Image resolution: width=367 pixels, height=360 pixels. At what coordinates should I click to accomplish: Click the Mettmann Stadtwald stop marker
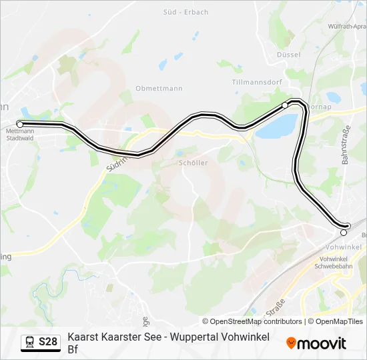point(20,124)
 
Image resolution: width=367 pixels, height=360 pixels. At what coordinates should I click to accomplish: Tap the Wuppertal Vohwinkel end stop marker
point(344,233)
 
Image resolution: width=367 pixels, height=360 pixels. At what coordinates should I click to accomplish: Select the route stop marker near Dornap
point(285,105)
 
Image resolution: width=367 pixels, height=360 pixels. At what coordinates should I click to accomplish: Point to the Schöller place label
point(194,163)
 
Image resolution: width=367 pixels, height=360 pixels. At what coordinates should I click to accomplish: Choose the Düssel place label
point(288,55)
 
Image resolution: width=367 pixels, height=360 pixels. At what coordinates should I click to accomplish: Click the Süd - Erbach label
point(186,12)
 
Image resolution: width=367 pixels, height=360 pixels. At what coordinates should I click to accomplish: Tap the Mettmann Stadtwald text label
point(20,135)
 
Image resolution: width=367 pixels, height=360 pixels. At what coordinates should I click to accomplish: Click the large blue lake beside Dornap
point(276,125)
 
